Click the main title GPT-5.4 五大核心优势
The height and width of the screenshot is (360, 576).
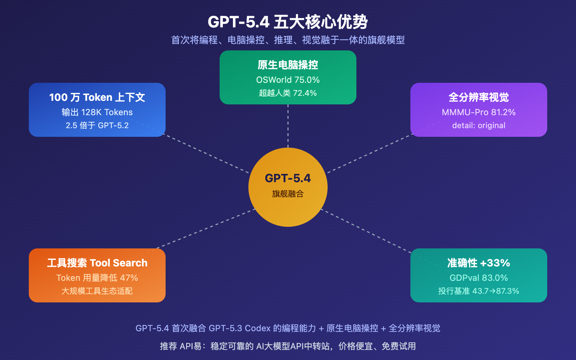pyautogui.click(x=288, y=22)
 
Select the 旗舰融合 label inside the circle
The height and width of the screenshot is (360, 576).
pyautogui.click(x=288, y=194)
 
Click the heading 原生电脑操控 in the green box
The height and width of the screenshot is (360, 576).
pyautogui.click(x=288, y=65)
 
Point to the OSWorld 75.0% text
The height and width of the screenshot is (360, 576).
pyautogui.click(x=288, y=80)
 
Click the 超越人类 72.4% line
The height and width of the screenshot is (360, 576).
pyautogui.click(x=288, y=93)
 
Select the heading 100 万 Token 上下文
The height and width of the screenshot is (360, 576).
pyautogui.click(x=97, y=98)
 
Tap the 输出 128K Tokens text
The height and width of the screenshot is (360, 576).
pyautogui.click(x=97, y=112)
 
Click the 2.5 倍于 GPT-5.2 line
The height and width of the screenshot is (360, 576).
pyautogui.click(x=97, y=126)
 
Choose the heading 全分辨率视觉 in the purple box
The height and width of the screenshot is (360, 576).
pyautogui.click(x=479, y=98)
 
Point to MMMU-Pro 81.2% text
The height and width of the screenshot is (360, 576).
pyautogui.click(x=479, y=112)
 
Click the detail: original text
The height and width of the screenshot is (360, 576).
pyautogui.click(x=479, y=126)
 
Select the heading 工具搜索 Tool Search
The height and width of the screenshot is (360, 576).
pyautogui.click(x=97, y=263)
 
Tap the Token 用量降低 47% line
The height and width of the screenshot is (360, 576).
pyautogui.click(x=97, y=278)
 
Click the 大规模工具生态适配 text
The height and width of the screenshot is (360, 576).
pyautogui.click(x=97, y=291)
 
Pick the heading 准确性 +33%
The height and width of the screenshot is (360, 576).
pyautogui.click(x=479, y=263)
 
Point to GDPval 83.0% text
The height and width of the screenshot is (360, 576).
pyautogui.click(x=479, y=278)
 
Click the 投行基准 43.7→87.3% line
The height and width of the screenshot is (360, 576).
pyautogui.click(x=479, y=291)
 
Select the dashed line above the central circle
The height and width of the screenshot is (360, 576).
pyautogui.click(x=288, y=126)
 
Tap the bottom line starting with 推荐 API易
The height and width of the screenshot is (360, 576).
pyautogui.click(x=288, y=346)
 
